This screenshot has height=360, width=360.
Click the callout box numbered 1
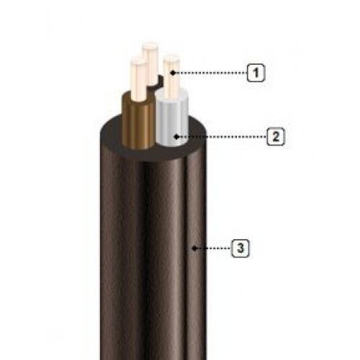pos(256,73)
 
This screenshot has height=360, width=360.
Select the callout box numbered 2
pos(276,137)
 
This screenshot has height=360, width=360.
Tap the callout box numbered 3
pos(240,248)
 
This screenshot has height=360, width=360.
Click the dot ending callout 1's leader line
pos(173,73)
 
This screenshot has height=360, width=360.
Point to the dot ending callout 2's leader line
pos(176,137)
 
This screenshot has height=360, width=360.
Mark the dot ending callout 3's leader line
pos(194,248)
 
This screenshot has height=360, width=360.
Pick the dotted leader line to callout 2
pos(222,137)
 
